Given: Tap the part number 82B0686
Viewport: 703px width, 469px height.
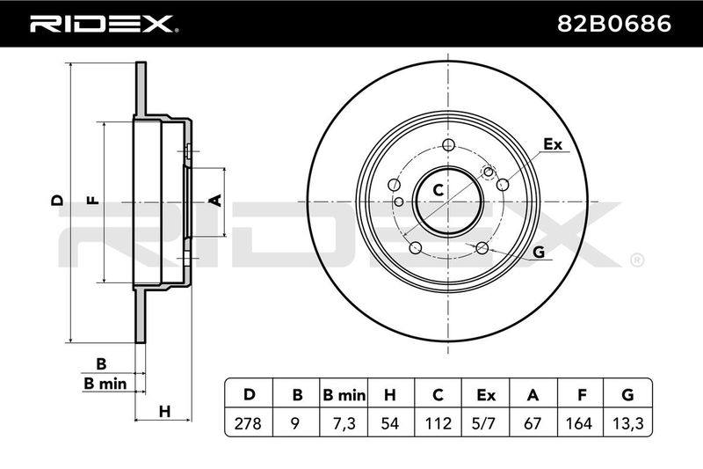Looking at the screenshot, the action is (x=613, y=24).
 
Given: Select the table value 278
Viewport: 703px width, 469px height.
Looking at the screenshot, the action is (x=248, y=423).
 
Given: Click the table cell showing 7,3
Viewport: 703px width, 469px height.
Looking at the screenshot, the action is (x=344, y=423).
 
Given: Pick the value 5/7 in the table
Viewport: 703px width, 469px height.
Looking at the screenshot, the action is (x=486, y=423).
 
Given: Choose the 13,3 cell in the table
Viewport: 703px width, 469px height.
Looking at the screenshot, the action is (x=628, y=423).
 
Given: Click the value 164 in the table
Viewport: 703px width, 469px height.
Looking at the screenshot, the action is (x=580, y=423).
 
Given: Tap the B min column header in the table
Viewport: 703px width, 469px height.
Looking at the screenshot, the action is (x=344, y=395).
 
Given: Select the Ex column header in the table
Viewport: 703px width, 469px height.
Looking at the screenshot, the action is (x=486, y=395).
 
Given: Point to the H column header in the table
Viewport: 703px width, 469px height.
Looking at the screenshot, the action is (x=390, y=395).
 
